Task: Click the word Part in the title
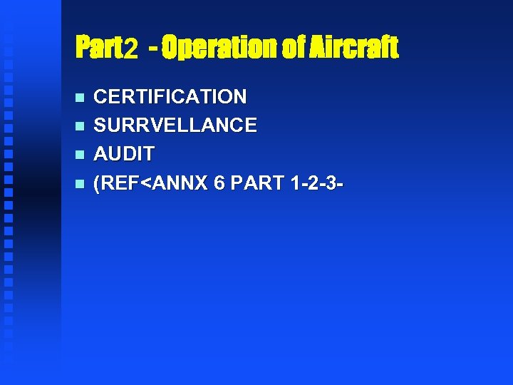click(99, 48)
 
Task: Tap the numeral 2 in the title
click(131, 49)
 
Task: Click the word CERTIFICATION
click(170, 96)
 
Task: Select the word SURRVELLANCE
click(175, 125)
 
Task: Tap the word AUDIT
click(124, 154)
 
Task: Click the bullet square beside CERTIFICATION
click(79, 97)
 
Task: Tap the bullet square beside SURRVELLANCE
click(79, 126)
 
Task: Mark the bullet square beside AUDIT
click(79, 155)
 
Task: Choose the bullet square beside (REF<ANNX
click(79, 184)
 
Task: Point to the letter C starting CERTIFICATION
click(100, 96)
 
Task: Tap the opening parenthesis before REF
click(98, 183)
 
